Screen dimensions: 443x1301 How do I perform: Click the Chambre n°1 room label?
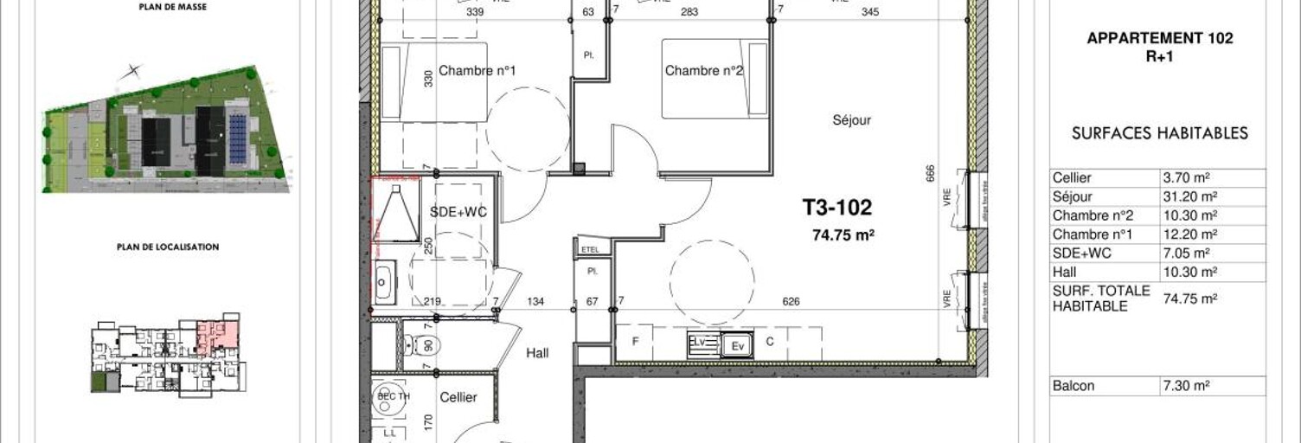(x=477, y=71)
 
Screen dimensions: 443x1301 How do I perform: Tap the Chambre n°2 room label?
(x=704, y=71)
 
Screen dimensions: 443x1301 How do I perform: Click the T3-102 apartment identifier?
(x=836, y=208)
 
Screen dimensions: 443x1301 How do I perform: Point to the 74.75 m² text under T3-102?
(x=843, y=233)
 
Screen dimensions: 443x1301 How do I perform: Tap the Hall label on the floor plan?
(x=537, y=353)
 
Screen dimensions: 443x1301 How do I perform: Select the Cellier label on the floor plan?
(x=458, y=397)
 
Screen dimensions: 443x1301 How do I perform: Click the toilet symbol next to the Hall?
(x=426, y=345)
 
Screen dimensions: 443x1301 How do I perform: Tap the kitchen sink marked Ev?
(x=738, y=344)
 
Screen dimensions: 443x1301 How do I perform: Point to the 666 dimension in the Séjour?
(x=930, y=174)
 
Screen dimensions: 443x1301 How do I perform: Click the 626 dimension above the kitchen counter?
(x=790, y=302)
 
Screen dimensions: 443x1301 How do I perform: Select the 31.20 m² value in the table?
(x=1178, y=196)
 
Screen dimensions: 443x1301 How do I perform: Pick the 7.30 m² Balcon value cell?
(x=1178, y=386)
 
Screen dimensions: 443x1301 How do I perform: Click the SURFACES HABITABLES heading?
(x=1159, y=133)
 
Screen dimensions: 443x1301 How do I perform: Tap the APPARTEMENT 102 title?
(x=1159, y=38)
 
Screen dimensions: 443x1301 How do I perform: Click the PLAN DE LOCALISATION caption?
(x=168, y=247)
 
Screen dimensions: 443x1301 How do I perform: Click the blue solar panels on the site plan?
(x=236, y=138)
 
